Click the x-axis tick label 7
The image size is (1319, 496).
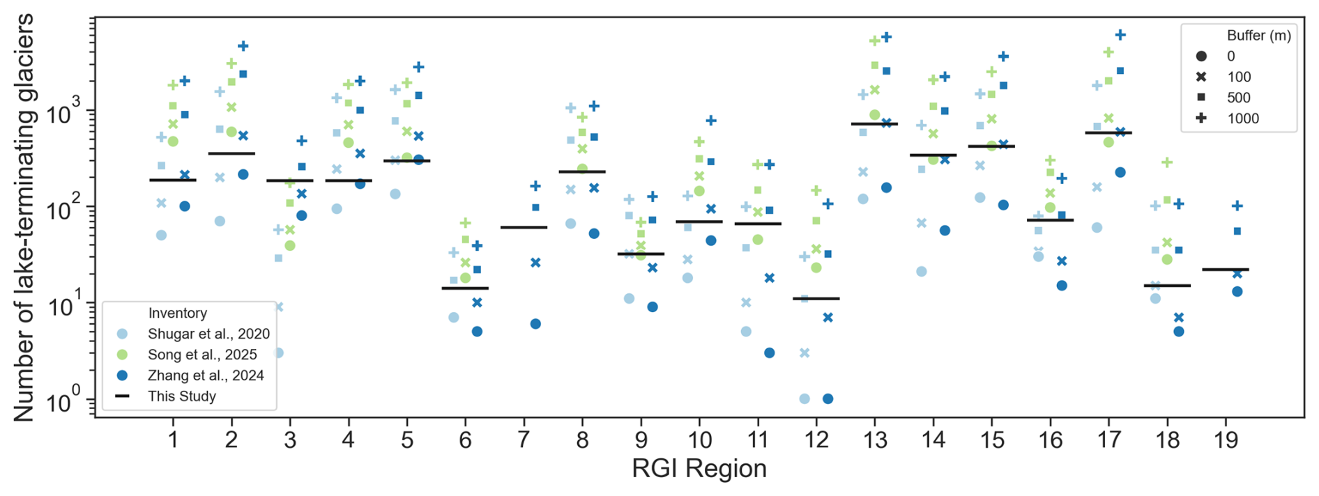[x=524, y=440]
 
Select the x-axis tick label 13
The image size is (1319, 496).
[x=875, y=440]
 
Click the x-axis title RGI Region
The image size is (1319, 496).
[x=699, y=469]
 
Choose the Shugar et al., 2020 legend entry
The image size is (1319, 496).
[x=208, y=334]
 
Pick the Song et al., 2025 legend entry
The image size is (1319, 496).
[x=202, y=355]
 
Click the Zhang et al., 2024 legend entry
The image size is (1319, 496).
[x=206, y=375]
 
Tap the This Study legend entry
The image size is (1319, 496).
[x=181, y=396]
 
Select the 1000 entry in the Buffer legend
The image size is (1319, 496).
[x=1243, y=118]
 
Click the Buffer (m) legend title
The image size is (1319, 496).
[x=1258, y=36]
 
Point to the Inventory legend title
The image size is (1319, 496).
[x=177, y=313]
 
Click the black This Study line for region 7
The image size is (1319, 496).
[x=524, y=227]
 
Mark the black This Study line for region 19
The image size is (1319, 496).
[x=1226, y=269]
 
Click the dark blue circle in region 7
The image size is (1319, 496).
[x=535, y=324]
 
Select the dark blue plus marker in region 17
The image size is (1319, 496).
[x=1120, y=35]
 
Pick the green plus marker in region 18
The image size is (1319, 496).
[x=1167, y=162]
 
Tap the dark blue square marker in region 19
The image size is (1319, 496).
[x=1237, y=231]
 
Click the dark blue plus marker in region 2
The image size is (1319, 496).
[x=243, y=46]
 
